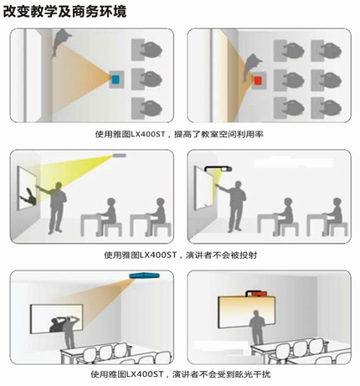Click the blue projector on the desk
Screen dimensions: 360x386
(x=116, y=80)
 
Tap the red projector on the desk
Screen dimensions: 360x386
(x=258, y=80)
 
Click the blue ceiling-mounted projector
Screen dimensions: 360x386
(x=144, y=275)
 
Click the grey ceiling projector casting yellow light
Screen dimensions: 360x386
(x=120, y=156)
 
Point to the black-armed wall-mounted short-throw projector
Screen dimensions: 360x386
(x=219, y=168)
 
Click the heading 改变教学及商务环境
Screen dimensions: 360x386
(x=64, y=12)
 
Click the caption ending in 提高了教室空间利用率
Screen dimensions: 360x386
(x=179, y=134)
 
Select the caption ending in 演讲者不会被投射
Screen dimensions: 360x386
(x=181, y=255)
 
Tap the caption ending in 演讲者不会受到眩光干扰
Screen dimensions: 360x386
(x=181, y=374)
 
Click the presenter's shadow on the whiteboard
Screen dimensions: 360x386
(x=28, y=197)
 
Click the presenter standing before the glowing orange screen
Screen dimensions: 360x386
(x=257, y=327)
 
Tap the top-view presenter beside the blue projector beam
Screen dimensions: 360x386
(x=60, y=41)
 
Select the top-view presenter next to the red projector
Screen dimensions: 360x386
(x=251, y=68)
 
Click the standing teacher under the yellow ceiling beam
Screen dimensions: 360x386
(x=56, y=208)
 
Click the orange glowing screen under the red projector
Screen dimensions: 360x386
(x=246, y=312)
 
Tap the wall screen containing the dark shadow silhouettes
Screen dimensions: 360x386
(x=57, y=318)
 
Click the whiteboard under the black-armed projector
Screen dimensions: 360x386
(x=205, y=188)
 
